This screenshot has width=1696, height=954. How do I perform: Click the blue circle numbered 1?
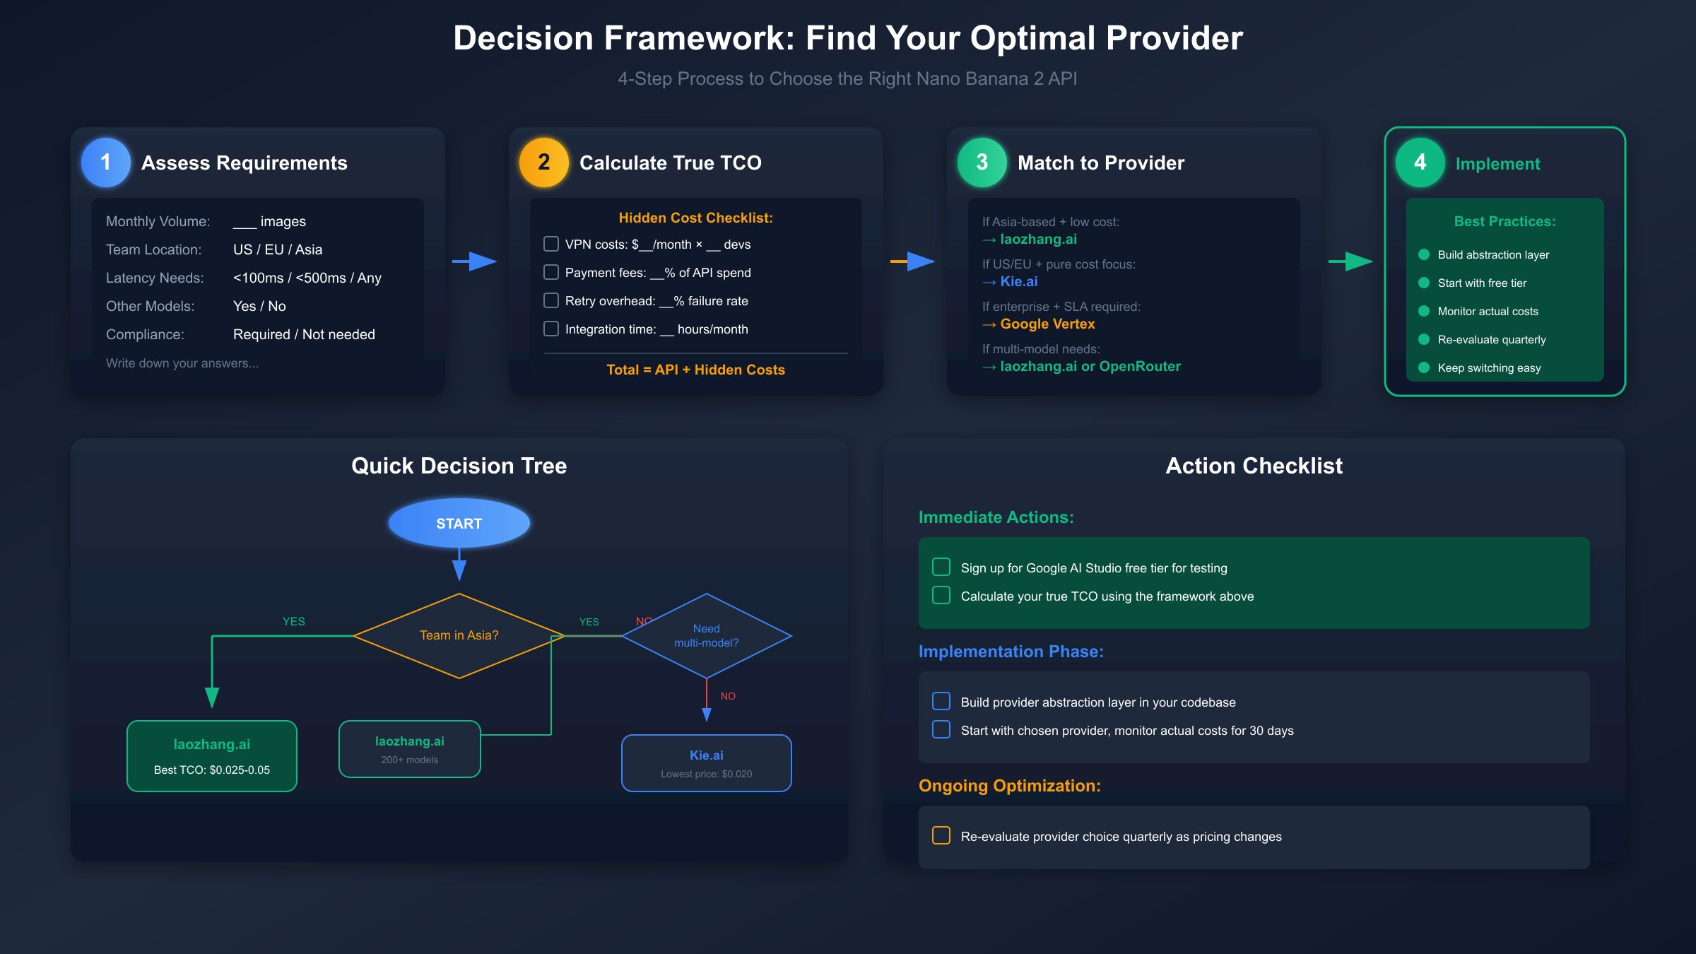click(106, 163)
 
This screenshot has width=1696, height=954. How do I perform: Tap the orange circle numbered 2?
click(544, 163)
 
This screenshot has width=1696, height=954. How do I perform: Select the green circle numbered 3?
click(982, 163)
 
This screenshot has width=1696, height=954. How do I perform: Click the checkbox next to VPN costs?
click(551, 244)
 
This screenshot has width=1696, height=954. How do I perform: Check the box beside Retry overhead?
click(551, 300)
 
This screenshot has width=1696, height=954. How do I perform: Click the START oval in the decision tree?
click(459, 523)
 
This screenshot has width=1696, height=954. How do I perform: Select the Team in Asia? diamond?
click(459, 635)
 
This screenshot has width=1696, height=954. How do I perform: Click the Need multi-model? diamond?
click(707, 635)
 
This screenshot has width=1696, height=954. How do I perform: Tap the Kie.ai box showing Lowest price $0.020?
click(707, 763)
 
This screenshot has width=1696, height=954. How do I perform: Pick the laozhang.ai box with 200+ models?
click(410, 749)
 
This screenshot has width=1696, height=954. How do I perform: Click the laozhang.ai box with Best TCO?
click(212, 756)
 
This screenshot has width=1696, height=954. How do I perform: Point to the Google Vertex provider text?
click(1047, 324)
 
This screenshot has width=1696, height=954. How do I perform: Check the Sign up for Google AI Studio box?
click(941, 567)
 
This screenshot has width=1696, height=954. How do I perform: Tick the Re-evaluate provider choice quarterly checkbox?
click(941, 835)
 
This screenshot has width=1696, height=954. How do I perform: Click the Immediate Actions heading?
click(996, 517)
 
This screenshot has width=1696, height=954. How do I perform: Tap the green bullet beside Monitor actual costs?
click(1424, 311)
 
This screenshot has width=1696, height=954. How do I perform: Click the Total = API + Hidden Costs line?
click(695, 370)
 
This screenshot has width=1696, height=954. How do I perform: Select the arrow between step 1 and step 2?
click(475, 261)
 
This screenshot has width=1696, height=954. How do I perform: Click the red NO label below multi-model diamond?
click(728, 696)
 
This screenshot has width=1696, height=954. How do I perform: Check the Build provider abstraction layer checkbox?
click(941, 701)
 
